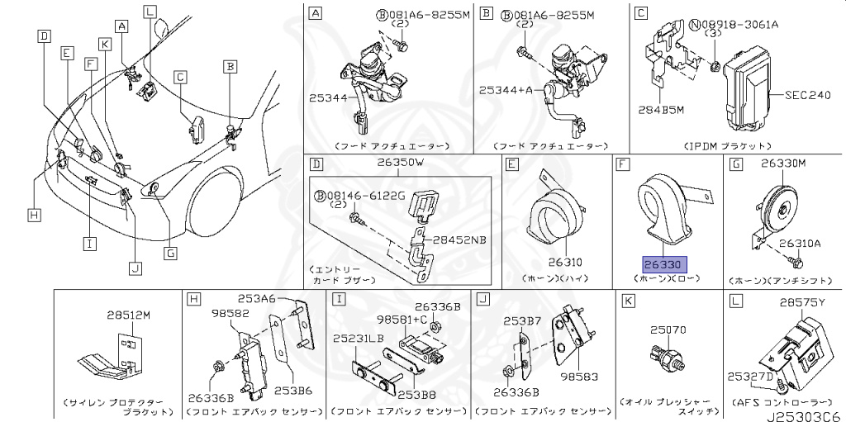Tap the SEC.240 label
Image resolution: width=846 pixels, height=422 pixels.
806,95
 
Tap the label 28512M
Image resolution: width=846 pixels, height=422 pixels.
128,315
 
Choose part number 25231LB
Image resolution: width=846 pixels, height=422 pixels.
358,339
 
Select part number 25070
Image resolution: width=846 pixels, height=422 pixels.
667,330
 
